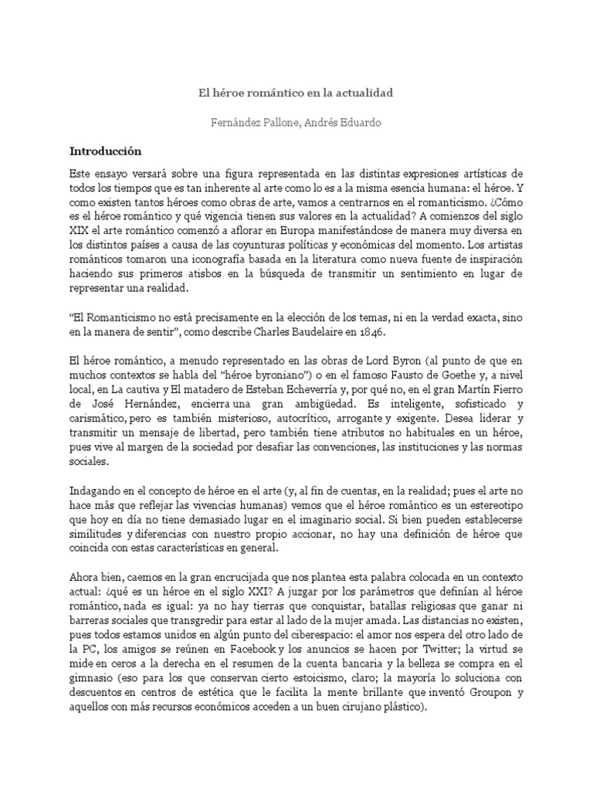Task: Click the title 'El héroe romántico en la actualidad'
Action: click(296, 93)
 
